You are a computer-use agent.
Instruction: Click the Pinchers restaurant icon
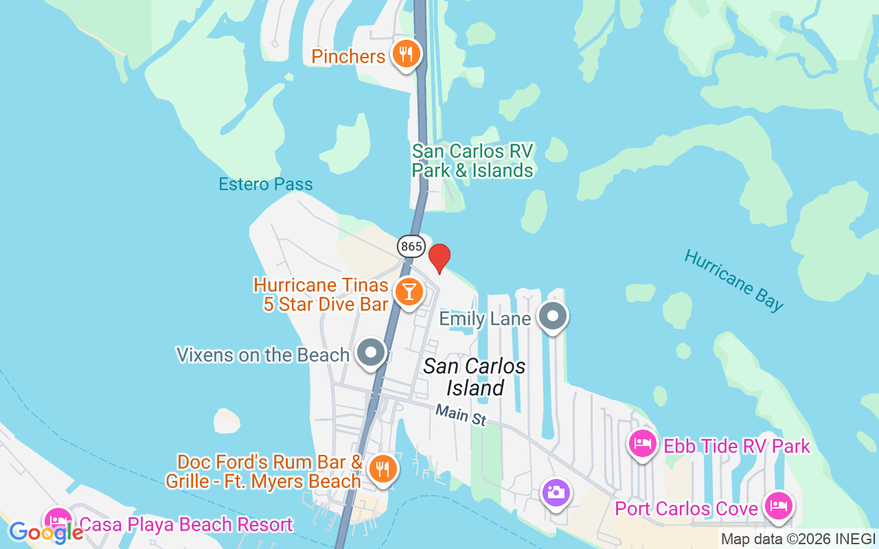[406, 54]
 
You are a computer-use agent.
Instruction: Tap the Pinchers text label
[348, 56]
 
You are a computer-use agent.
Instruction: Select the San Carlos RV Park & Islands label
[472, 161]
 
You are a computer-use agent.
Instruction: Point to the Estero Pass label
[266, 184]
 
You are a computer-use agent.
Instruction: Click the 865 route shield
[410, 246]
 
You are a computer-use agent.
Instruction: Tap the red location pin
[439, 258]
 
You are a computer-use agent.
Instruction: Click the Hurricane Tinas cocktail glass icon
[409, 292]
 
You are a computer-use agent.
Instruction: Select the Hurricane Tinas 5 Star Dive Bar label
[321, 294]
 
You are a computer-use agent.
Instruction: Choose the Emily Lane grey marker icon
[553, 317]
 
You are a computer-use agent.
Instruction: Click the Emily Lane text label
[485, 318]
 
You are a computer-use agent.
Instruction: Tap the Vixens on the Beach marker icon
[372, 353]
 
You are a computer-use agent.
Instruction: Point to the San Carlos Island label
[475, 377]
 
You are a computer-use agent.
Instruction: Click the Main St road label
[461, 414]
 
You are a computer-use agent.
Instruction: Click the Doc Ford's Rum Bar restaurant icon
[382, 469]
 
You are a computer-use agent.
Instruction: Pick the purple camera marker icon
[556, 492]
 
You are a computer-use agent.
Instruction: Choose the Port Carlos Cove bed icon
[778, 506]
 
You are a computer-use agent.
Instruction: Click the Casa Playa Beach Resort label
[186, 525]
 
